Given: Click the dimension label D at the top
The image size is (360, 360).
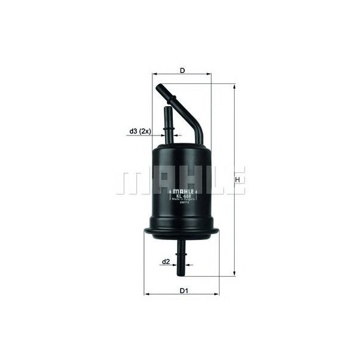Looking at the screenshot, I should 181,71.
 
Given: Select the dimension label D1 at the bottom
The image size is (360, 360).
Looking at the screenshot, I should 184,292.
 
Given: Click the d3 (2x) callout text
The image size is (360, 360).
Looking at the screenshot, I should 139,131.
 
